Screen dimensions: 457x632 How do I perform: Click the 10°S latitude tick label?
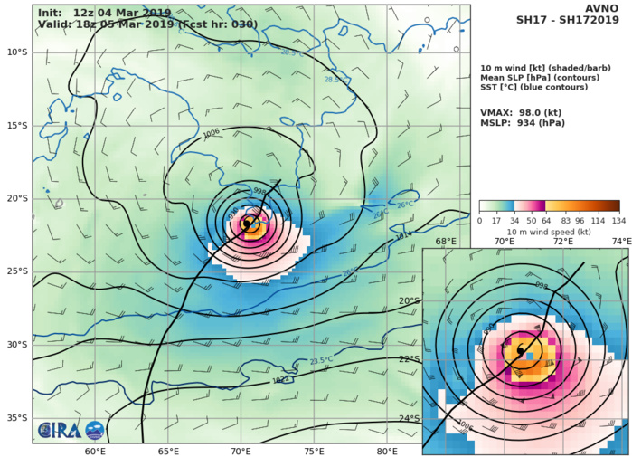[x=16, y=52]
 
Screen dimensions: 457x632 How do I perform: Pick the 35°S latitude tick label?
[x=16, y=418]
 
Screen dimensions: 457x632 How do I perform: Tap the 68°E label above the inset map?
[x=446, y=242]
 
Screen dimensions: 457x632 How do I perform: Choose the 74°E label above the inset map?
[x=620, y=242]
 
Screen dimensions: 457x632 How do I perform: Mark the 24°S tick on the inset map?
[x=410, y=418]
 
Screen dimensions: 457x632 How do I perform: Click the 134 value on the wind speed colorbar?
[x=619, y=221]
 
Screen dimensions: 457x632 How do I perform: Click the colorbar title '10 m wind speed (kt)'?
[x=549, y=232]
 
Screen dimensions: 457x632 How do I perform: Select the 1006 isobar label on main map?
[x=211, y=132]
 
